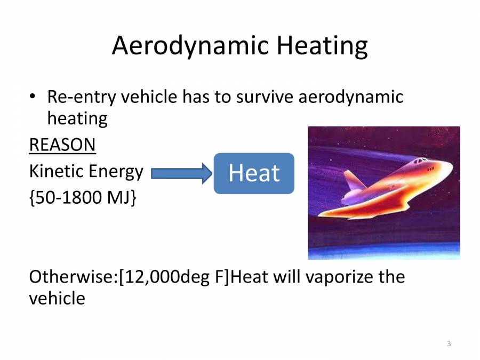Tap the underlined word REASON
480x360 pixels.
62,145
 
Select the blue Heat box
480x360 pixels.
254,173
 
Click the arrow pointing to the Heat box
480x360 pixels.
181,173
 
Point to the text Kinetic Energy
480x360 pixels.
86,171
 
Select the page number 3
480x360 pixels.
449,343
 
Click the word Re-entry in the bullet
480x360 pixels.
82,98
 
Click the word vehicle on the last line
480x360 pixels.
57,298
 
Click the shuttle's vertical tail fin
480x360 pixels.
351,181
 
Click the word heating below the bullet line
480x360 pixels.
77,118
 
